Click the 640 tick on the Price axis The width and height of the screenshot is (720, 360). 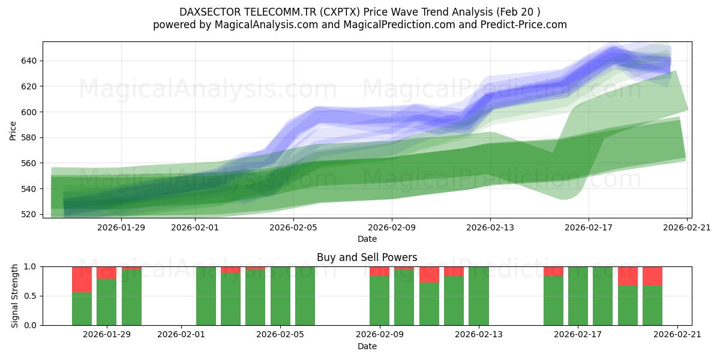click(30, 61)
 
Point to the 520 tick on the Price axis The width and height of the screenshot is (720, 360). click(30, 214)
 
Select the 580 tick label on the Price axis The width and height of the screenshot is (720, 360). click(30, 137)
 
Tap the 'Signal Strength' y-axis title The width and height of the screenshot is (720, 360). click(16, 296)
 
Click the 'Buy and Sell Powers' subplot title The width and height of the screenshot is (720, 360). click(367, 257)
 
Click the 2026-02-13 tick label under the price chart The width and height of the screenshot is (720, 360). click(490, 227)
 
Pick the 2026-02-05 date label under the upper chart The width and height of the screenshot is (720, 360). click(293, 227)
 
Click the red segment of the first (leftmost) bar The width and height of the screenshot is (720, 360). click(82, 279)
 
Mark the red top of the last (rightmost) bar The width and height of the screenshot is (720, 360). click(652, 276)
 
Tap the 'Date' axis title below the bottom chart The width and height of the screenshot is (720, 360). click(367, 346)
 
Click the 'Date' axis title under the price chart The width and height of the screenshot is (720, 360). click(367, 239)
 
